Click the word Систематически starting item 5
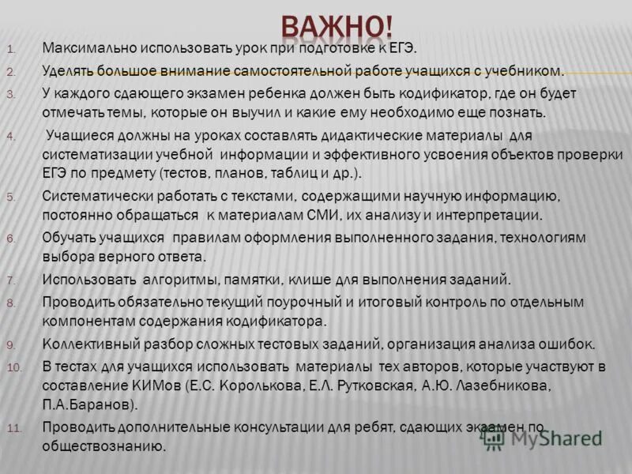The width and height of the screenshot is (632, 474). [91, 196]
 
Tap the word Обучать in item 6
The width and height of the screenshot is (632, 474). [70, 238]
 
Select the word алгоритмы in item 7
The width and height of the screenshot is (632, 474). [177, 280]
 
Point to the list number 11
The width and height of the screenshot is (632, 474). [15, 428]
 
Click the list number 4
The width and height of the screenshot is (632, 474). [11, 136]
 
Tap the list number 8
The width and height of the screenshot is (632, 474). [11, 303]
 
